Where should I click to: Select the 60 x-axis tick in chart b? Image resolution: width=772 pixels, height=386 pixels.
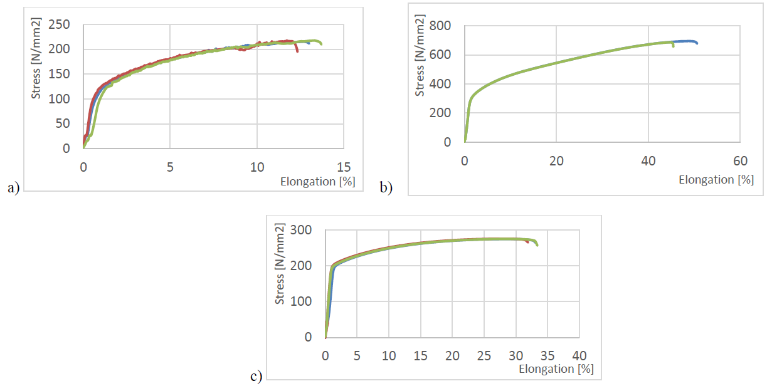(739, 160)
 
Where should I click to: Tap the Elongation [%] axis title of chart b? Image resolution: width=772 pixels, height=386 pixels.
(716, 180)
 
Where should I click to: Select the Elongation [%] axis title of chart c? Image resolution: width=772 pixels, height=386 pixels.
(556, 368)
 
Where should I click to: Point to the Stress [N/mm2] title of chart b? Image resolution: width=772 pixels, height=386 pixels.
(420, 58)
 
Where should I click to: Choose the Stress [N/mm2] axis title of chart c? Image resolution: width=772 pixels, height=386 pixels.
(280, 264)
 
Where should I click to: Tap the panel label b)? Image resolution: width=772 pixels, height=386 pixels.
(386, 187)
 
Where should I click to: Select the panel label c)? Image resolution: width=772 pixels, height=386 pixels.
(256, 376)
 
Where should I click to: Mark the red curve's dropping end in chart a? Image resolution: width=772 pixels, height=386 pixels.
(297, 51)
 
